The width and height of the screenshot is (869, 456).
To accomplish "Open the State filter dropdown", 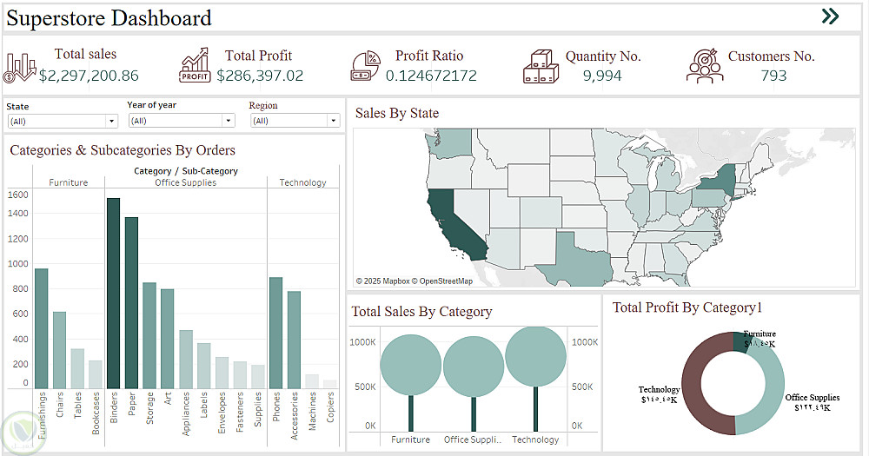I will (x=62, y=122).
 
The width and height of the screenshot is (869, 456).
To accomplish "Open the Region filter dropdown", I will (x=295, y=121).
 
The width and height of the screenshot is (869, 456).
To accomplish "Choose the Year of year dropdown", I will (x=181, y=121).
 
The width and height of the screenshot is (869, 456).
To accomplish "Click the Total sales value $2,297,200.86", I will (x=89, y=76).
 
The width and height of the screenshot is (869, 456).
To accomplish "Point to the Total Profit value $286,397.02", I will (x=260, y=76).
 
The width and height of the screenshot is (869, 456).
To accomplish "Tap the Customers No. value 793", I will (x=773, y=76).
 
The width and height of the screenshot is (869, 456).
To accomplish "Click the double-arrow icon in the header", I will (x=830, y=16).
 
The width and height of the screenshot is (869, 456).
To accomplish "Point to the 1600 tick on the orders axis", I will (x=18, y=195).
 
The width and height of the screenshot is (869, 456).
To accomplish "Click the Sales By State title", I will (x=397, y=113).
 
